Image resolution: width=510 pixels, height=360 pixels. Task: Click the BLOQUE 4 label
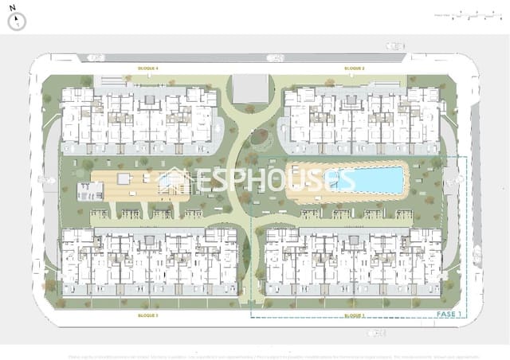[148, 69]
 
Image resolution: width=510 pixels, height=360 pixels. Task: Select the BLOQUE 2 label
[355, 69]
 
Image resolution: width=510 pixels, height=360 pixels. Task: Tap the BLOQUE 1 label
[355, 316]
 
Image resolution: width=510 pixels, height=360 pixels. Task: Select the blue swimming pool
[366, 180]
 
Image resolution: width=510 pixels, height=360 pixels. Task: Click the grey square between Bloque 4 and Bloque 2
[249, 88]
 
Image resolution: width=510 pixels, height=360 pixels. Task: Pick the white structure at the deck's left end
[91, 190]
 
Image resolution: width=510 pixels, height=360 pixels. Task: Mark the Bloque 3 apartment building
[150, 263]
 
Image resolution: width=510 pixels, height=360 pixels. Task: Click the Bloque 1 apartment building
[354, 263]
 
